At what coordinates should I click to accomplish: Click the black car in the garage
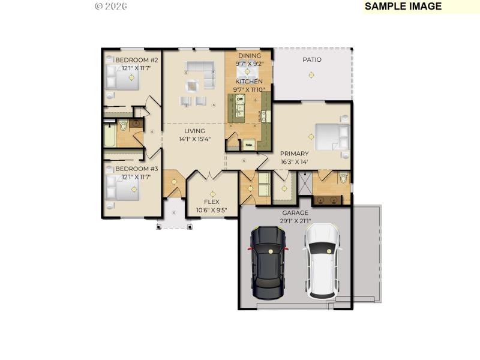point(268,262)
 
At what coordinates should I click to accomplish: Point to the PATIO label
point(311,59)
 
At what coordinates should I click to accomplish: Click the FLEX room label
point(212,202)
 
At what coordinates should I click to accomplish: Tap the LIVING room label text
point(194,131)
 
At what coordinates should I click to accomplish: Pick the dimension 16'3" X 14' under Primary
point(293,161)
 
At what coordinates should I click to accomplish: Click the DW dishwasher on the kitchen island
point(239,99)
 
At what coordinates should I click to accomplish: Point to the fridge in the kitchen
point(247,145)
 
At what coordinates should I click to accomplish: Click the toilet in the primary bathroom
point(343,178)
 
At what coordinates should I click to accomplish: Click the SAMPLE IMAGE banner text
point(403,7)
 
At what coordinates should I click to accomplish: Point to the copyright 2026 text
point(111,6)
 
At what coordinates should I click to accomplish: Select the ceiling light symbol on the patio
point(310,74)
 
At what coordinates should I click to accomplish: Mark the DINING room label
point(249,55)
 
